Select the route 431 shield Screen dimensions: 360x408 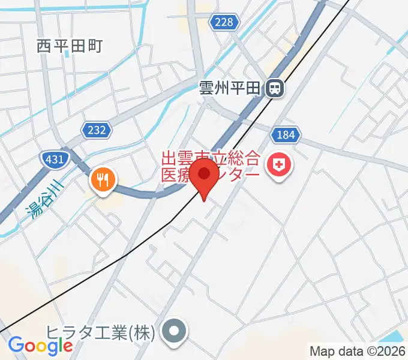point(55,158)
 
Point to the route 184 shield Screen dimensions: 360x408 point(286,134)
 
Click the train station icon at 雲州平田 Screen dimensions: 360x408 point(275,89)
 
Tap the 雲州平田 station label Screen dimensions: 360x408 point(230,89)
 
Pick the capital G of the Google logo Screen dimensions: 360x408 point(16,345)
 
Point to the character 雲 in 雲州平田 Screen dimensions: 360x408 point(207,89)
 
